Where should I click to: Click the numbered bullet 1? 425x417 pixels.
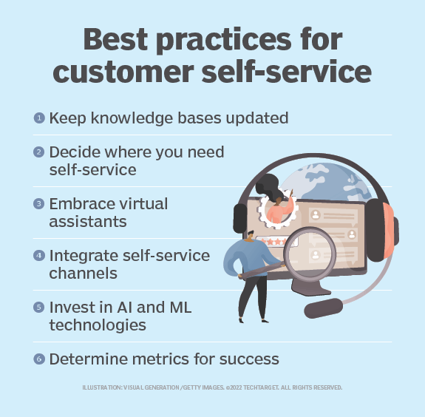(x=38, y=118)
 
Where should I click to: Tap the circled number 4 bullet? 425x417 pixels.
(x=38, y=254)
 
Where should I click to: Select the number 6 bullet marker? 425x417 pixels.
(x=38, y=359)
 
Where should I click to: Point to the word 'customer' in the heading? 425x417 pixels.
(x=138, y=72)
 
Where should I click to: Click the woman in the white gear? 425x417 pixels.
(x=279, y=206)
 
